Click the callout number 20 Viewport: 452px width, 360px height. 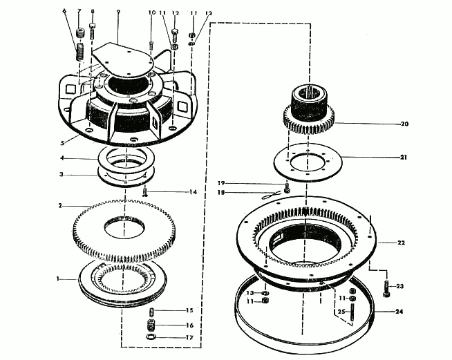(405, 124)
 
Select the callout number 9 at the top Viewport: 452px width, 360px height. (118, 12)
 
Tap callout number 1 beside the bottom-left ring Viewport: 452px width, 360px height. (60, 278)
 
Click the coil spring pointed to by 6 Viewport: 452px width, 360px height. (79, 50)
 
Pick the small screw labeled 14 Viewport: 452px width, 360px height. (146, 193)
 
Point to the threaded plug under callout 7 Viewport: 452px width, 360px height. (79, 32)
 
